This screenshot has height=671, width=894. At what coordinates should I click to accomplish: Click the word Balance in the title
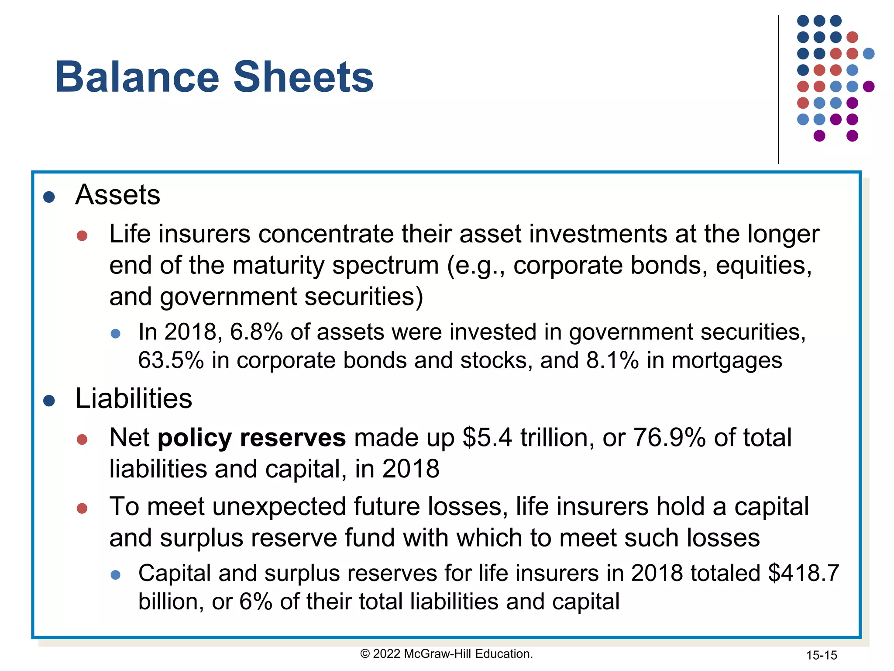137,77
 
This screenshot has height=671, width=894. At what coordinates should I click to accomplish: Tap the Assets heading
117,194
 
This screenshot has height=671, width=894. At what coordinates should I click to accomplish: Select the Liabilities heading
134,398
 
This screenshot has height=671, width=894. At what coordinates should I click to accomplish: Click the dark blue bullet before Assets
49,197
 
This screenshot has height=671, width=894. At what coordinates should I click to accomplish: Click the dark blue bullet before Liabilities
49,401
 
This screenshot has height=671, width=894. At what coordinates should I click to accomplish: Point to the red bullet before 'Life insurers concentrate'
82,236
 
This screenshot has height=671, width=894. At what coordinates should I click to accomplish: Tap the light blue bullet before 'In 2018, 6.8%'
116,334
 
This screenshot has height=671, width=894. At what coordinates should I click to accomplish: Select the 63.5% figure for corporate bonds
171,361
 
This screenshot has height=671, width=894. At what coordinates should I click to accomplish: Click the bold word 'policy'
195,438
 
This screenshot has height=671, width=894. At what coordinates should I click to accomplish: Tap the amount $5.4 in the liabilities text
487,438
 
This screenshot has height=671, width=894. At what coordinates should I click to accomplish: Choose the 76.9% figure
669,438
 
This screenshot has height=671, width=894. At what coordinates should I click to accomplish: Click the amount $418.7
804,573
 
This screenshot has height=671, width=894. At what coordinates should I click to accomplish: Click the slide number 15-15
822,655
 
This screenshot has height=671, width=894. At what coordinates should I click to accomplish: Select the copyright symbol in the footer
365,654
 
